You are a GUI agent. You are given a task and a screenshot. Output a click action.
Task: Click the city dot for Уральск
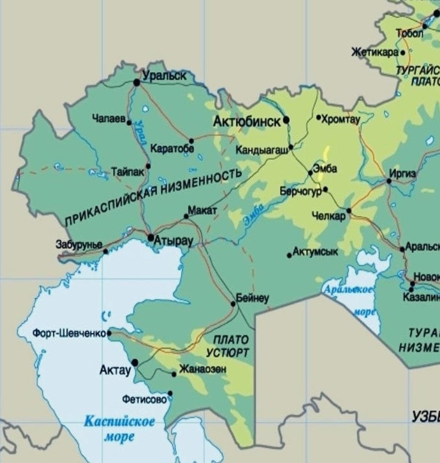[x=137, y=82]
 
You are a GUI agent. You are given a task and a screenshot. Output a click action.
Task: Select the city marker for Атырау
[x=151, y=237]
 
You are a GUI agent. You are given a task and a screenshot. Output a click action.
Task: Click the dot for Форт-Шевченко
[x=109, y=333]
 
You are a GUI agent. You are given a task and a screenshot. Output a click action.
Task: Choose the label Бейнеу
[x=253, y=298]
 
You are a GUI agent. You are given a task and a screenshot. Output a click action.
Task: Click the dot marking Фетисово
[x=170, y=393]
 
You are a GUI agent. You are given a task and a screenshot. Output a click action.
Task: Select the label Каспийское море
[x=120, y=428]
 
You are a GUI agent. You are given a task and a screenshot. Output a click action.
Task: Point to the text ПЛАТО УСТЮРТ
[x=228, y=346]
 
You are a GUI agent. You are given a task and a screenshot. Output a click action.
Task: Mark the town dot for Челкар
[x=349, y=211]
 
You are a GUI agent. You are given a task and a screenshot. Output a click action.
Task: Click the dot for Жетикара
[x=403, y=53]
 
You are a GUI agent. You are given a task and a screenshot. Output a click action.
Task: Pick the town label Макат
[x=202, y=210]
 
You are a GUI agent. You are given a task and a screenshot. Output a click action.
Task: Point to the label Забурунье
[x=79, y=244]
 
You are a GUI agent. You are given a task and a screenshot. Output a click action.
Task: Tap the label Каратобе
[x=172, y=148]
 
